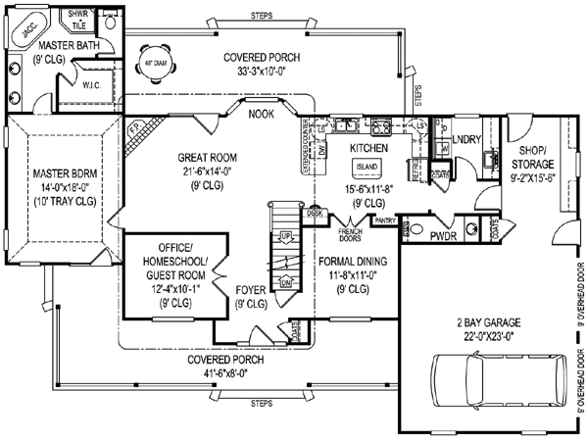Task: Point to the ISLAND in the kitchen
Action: click(x=366, y=167)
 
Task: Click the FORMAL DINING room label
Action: click(x=353, y=262)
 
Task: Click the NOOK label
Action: click(x=260, y=115)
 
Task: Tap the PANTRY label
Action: click(x=385, y=221)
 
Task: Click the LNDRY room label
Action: click(x=466, y=139)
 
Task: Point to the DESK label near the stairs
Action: click(x=315, y=212)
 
